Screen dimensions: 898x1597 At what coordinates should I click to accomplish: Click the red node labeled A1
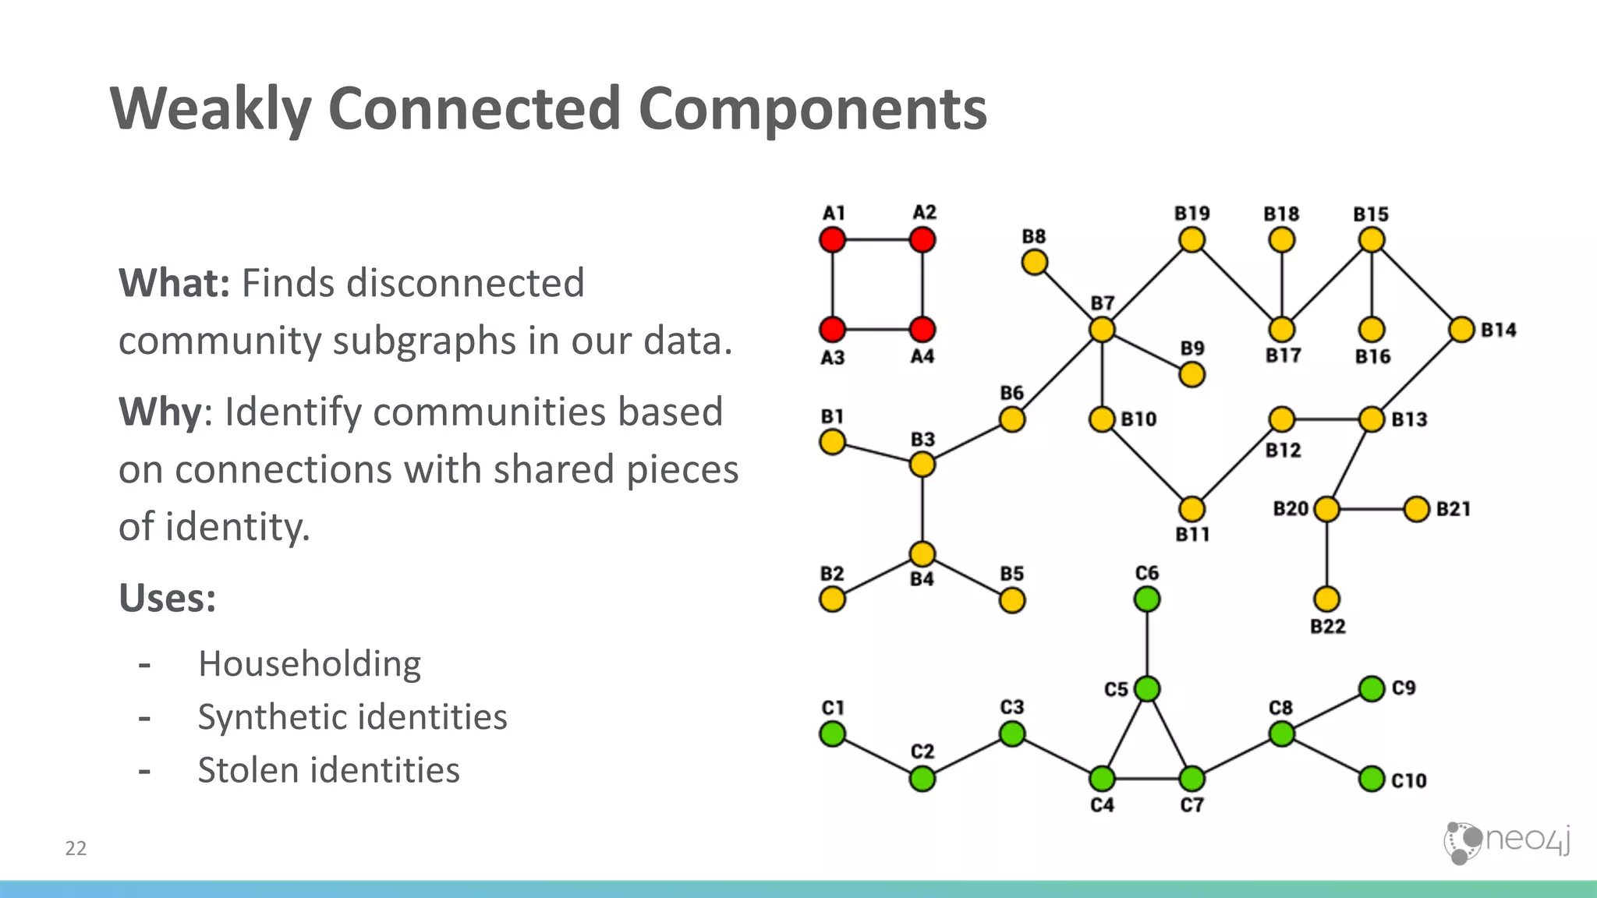832,239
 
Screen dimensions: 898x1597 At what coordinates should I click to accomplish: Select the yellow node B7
1102,330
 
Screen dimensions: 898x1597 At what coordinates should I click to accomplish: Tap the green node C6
1146,599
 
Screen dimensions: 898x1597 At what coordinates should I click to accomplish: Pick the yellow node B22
1326,599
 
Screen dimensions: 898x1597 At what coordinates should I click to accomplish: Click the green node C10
1372,779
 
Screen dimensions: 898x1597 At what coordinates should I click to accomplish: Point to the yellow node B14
1461,330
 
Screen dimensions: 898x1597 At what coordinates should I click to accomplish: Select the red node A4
922,330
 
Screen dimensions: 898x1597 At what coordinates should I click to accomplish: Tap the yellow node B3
922,465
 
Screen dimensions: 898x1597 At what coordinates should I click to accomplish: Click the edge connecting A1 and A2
877,239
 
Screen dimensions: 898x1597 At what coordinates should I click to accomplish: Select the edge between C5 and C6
1146,644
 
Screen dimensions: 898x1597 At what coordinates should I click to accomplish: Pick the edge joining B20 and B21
1372,510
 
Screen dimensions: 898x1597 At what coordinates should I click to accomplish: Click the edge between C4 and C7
1146,779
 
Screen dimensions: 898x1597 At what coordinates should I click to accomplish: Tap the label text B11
1192,535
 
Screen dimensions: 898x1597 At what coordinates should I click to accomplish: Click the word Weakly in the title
211,109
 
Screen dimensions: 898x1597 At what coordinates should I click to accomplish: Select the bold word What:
174,283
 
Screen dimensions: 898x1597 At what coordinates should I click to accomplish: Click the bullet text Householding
310,664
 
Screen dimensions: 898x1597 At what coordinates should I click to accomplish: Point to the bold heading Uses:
167,599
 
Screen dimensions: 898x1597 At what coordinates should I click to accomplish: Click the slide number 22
76,848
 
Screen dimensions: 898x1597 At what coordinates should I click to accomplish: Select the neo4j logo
1507,842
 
